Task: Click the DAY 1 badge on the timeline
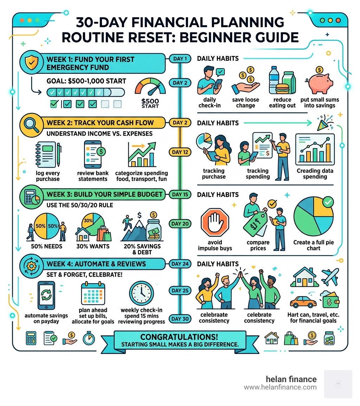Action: (180, 58)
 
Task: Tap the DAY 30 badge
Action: (180, 319)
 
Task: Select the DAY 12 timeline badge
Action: (180, 152)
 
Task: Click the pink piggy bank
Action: (320, 82)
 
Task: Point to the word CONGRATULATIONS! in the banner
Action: (180, 337)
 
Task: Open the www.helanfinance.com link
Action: (280, 387)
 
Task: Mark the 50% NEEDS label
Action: (46, 246)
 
